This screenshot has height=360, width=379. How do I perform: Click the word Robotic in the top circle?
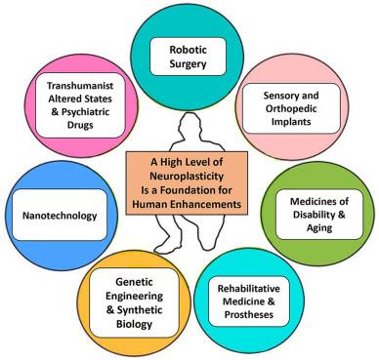pyautogui.click(x=188, y=50)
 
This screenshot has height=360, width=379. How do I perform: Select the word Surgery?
pyautogui.click(x=188, y=63)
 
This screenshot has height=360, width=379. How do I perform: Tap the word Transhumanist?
pyautogui.click(x=80, y=86)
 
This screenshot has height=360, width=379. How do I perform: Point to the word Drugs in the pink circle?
pyautogui.click(x=80, y=125)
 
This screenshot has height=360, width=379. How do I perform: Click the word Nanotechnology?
pyautogui.click(x=60, y=216)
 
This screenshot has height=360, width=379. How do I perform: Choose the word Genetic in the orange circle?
pyautogui.click(x=134, y=282)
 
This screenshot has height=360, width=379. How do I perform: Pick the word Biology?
pyautogui.click(x=134, y=324)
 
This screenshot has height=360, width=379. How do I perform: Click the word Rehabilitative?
pyautogui.click(x=248, y=289)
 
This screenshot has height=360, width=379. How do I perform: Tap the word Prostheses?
pyautogui.click(x=248, y=315)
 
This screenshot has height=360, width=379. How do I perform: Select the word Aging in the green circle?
pyautogui.click(x=319, y=227)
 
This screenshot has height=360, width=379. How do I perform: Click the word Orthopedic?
pyautogui.click(x=291, y=108)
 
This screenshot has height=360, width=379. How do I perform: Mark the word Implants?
pyautogui.click(x=291, y=122)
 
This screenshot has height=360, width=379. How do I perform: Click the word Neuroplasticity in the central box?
pyautogui.click(x=187, y=176)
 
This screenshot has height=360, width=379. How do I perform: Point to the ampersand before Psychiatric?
pyautogui.click(x=55, y=111)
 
